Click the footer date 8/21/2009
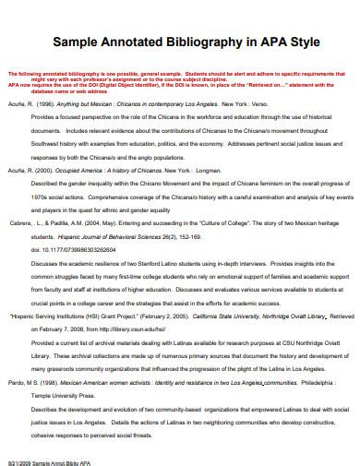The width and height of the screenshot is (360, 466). point(20,458)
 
